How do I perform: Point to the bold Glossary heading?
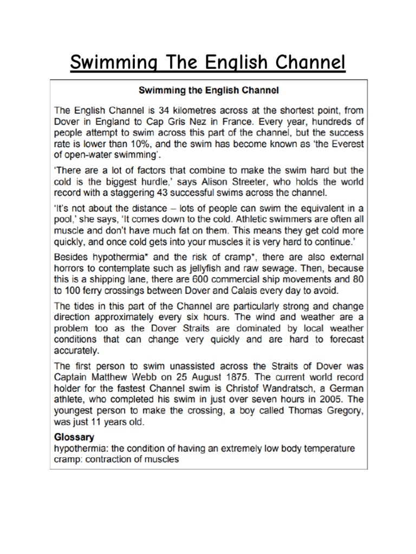point(74,437)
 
